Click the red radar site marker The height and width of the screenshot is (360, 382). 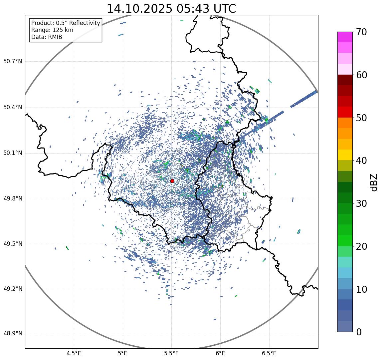[172, 181]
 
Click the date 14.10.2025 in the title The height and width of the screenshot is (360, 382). [139, 9]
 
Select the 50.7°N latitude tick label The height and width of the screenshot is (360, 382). [13, 62]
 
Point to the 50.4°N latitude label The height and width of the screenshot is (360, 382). [13, 108]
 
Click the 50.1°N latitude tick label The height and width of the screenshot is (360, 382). [13, 153]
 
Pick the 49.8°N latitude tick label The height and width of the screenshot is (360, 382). [13, 199]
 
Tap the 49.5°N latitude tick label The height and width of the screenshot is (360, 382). [13, 244]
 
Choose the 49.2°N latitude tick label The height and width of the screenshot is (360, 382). [13, 289]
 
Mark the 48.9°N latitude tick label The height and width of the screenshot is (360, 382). [13, 334]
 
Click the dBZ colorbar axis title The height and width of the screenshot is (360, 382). [374, 182]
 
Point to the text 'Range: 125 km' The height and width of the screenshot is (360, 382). [52, 30]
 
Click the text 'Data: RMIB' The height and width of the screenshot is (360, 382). [47, 37]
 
